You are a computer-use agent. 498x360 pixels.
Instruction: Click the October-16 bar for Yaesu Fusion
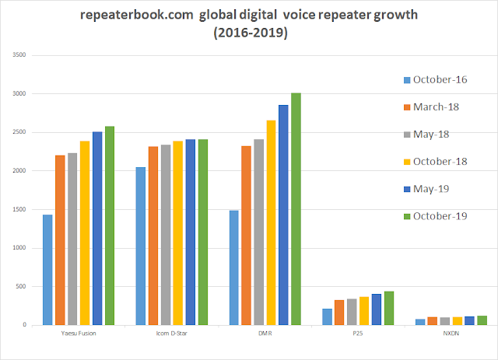[x=47, y=270]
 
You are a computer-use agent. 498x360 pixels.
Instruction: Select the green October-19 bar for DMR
[x=296, y=209]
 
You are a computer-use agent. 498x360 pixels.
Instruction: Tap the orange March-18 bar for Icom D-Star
[x=153, y=236]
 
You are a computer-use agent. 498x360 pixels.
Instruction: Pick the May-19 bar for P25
[x=377, y=309]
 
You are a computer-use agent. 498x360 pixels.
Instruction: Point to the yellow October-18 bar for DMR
[x=271, y=222]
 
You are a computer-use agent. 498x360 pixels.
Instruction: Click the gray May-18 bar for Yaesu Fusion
[x=72, y=239]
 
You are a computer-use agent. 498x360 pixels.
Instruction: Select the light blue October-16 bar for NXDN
[x=420, y=322]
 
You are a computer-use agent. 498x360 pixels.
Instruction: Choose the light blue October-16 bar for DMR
[x=233, y=267]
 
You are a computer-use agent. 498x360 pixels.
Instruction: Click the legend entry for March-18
[x=431, y=107]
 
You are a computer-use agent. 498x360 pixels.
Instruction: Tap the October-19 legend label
[x=440, y=216]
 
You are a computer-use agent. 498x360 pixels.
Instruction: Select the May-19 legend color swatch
[x=407, y=189]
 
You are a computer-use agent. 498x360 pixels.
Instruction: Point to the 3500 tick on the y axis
[x=19, y=55]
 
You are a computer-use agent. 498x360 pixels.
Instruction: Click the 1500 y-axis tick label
[x=19, y=209]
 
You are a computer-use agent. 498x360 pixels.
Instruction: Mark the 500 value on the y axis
[x=21, y=286]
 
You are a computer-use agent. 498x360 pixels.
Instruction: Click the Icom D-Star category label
[x=171, y=334]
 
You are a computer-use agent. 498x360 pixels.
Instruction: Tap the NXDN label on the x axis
[x=451, y=334]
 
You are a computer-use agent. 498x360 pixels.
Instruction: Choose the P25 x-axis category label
[x=358, y=334]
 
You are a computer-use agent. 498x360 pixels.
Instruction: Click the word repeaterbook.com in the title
[x=137, y=15]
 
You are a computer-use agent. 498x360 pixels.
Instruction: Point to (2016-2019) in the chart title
[x=251, y=33]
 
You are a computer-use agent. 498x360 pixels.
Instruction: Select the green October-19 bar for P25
[x=389, y=308]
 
